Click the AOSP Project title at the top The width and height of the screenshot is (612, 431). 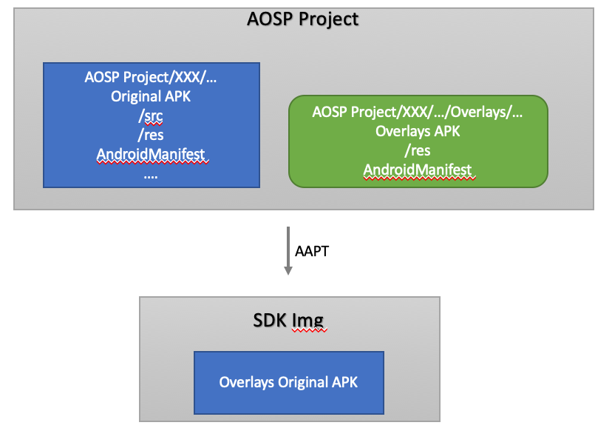point(302,19)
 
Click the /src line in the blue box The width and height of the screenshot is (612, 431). point(151,116)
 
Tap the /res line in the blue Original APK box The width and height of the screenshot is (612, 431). point(151,135)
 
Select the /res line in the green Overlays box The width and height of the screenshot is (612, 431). point(418,150)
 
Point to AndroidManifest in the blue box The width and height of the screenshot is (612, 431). point(151,155)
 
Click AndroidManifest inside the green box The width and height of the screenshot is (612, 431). point(418,170)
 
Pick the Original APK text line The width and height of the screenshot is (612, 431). point(151,96)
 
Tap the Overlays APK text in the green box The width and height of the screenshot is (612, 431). point(418,131)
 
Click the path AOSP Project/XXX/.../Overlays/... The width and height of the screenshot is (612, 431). point(418,112)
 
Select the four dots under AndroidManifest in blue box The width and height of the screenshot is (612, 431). point(151,175)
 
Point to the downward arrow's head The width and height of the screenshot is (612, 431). point(289,271)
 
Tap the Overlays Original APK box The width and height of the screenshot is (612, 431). point(289,382)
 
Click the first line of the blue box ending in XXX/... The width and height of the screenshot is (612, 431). point(151,77)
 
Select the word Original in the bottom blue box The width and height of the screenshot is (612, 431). point(304,382)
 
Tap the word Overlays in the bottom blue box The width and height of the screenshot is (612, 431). point(247,382)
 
